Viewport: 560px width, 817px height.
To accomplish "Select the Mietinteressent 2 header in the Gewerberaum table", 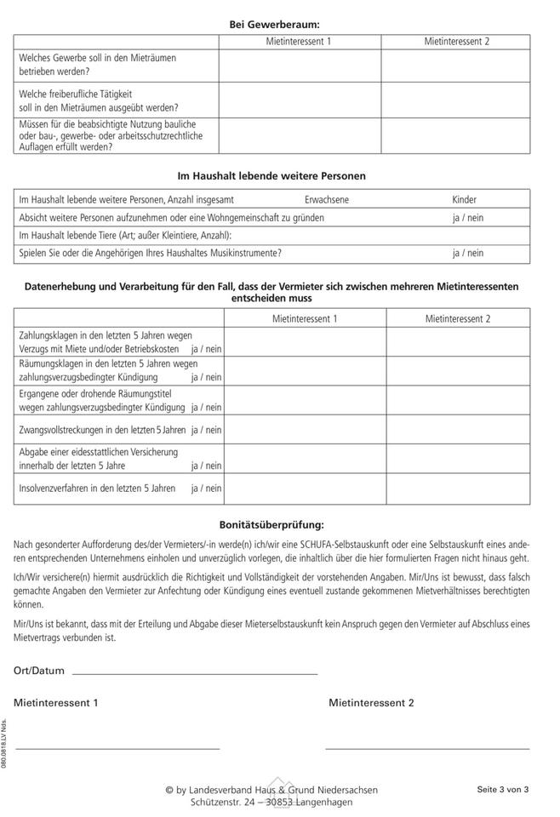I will (x=457, y=42).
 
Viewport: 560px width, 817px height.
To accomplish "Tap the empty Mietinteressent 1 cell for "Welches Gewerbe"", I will (x=300, y=66).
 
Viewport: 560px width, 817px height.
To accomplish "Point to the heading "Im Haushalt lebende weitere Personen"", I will (x=271, y=176).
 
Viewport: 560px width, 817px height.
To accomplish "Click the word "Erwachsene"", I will (x=327, y=200).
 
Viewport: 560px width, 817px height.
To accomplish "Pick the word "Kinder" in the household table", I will (x=464, y=200).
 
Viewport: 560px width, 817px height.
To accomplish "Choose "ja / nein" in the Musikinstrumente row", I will (x=467, y=253).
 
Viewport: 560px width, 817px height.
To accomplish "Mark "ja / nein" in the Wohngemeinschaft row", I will (x=467, y=218).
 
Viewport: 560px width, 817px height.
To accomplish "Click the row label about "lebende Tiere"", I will (x=125, y=235).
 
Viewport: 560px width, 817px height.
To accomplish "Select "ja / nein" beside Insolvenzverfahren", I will (x=206, y=488).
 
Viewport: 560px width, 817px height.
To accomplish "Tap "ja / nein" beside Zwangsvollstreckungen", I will (x=206, y=430).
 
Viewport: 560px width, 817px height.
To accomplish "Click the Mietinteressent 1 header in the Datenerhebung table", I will (x=305, y=319).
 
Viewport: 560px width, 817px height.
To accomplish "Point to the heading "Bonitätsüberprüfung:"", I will (x=271, y=526).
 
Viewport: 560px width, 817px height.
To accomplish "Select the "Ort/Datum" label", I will (x=39, y=671).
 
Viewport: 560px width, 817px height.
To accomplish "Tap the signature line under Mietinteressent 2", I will (x=426, y=748).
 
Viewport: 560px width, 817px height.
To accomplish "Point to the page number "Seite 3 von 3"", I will (x=503, y=790).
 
